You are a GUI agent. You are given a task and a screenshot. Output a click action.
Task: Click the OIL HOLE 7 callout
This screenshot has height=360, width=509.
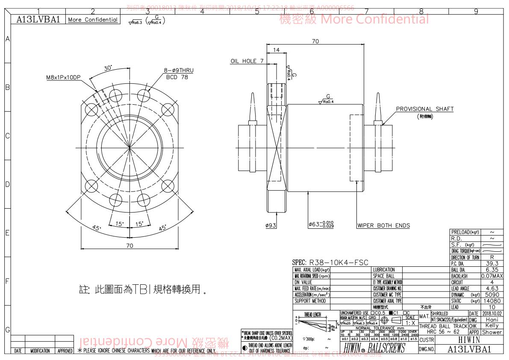[x=247, y=61]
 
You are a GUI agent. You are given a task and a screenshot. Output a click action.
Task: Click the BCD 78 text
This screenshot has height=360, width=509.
[x=177, y=77]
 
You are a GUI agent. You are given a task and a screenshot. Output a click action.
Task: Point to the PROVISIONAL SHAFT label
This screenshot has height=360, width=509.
[x=424, y=109]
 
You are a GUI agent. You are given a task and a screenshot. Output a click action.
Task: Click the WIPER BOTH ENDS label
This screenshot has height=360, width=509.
[x=383, y=225]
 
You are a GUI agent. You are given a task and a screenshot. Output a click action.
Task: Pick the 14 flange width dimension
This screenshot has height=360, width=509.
[x=277, y=50]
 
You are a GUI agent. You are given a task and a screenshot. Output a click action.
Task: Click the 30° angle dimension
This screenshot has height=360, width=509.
[x=108, y=68]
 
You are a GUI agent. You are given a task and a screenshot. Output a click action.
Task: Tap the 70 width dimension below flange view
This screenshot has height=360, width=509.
[x=129, y=245]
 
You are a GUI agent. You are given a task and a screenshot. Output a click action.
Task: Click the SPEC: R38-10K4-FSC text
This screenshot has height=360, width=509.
[x=330, y=263]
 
